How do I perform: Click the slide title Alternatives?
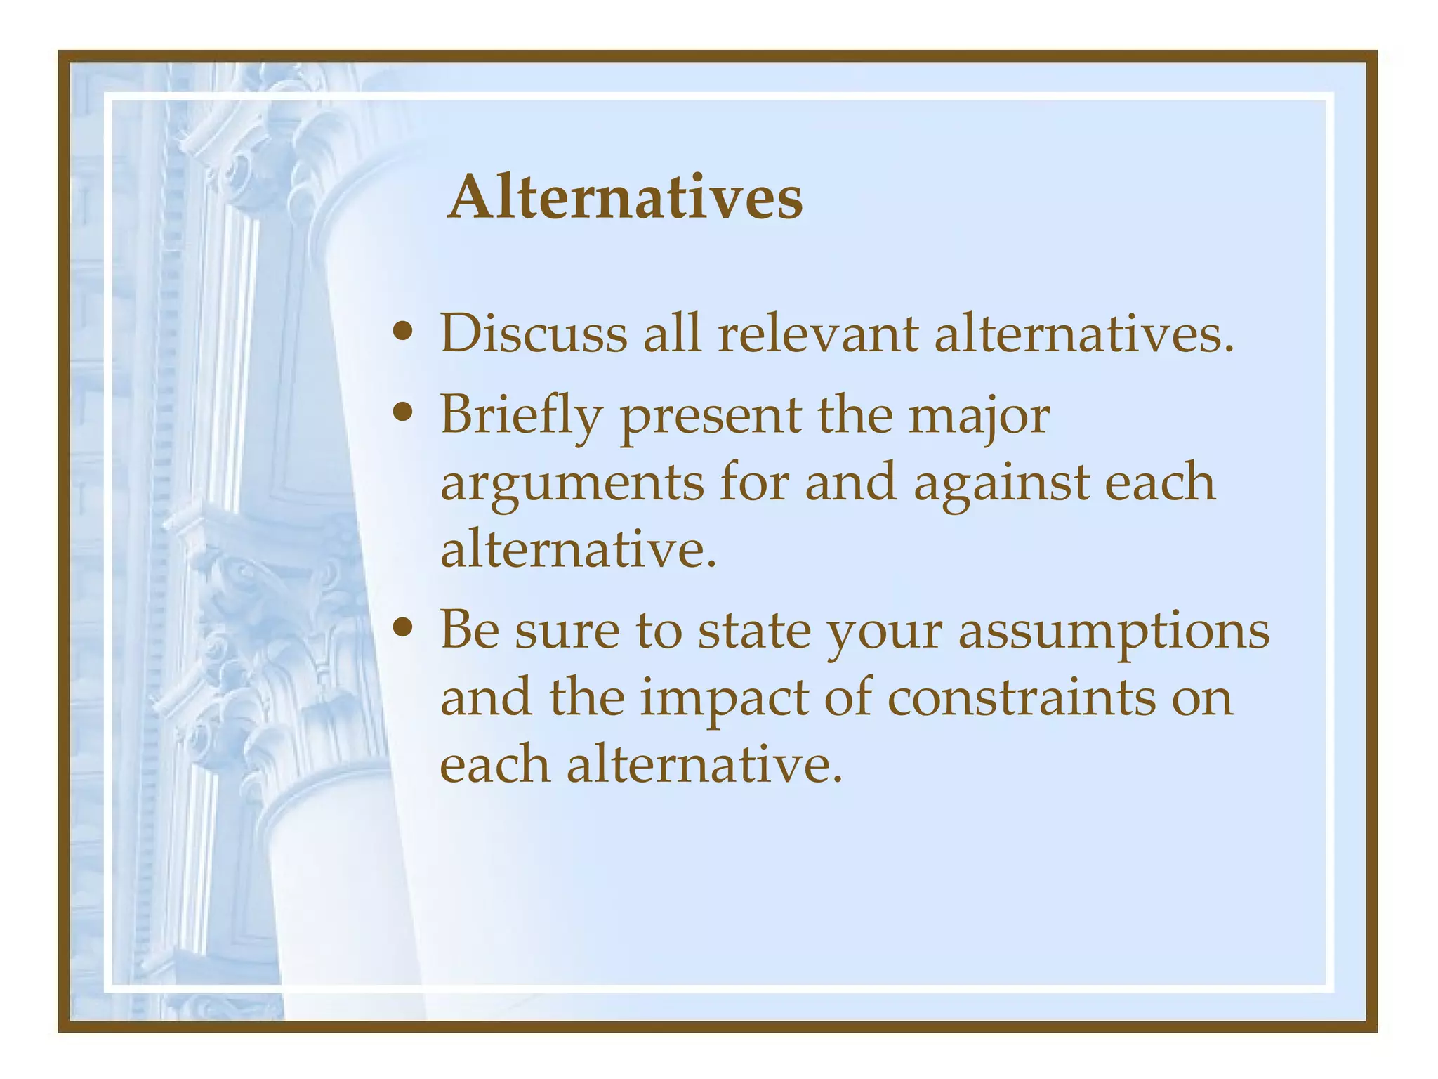click(x=624, y=198)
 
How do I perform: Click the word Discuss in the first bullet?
click(x=534, y=333)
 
